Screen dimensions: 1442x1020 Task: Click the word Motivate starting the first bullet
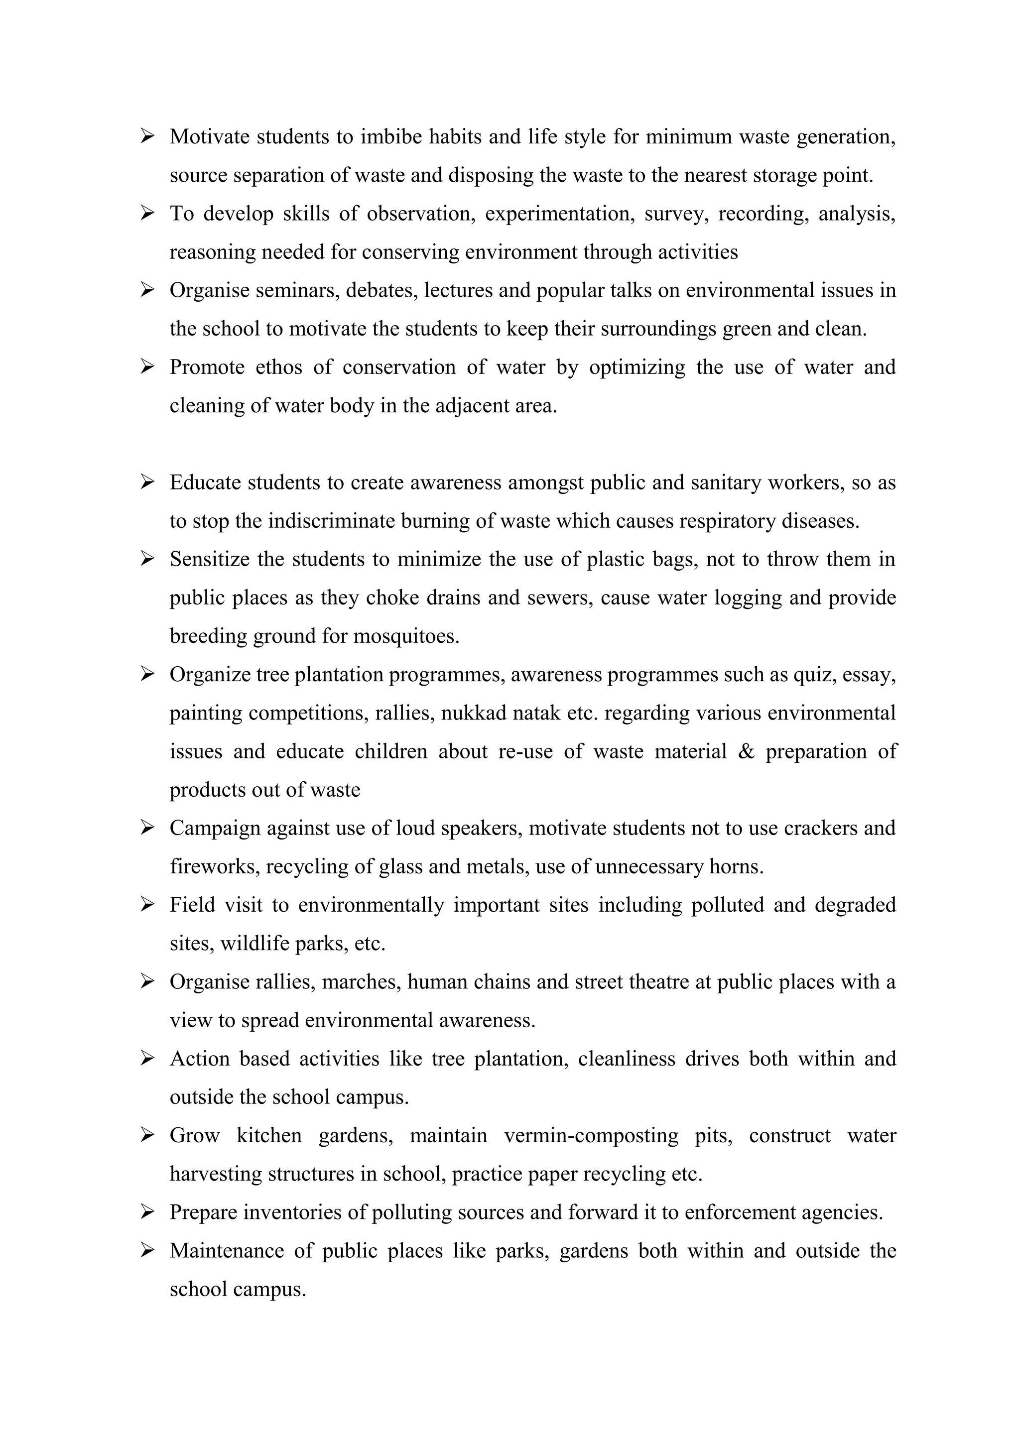pyautogui.click(x=210, y=136)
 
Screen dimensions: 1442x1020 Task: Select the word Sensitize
pyautogui.click(x=210, y=559)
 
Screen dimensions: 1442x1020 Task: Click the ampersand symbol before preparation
pyautogui.click(x=746, y=751)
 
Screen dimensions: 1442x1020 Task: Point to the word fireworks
pyautogui.click(x=214, y=867)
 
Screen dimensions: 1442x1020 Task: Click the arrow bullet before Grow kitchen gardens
pyautogui.click(x=147, y=1135)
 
